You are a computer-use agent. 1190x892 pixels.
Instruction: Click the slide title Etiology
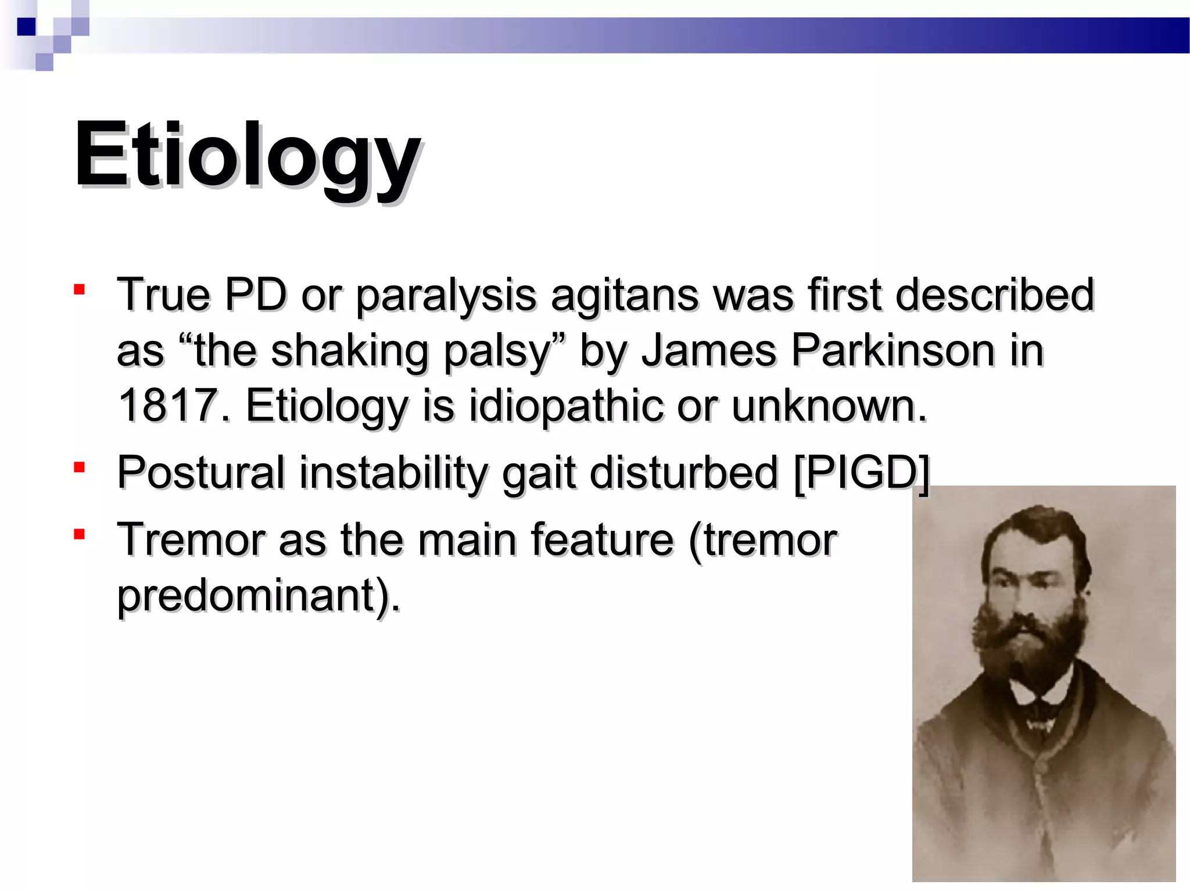247,156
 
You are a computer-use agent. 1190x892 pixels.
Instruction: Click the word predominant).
259,596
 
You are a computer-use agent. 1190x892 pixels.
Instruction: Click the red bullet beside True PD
80,289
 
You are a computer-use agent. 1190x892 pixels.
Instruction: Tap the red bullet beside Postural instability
80,466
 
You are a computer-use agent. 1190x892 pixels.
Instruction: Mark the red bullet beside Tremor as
80,534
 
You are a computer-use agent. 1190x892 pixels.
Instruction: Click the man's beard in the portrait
1030,645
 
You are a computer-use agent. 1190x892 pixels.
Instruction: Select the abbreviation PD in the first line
256,294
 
